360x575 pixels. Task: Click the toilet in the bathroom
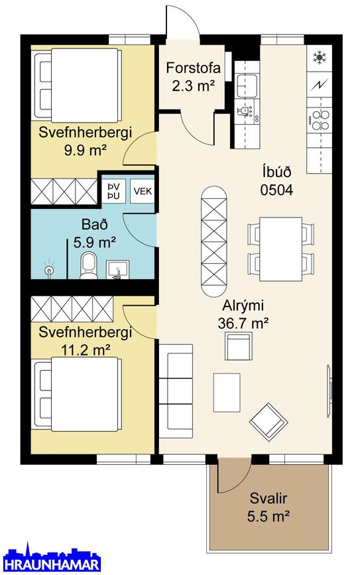click(x=88, y=266)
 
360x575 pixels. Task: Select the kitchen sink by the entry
click(x=248, y=84)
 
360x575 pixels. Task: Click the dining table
click(x=280, y=245)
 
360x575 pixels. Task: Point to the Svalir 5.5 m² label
click(x=269, y=507)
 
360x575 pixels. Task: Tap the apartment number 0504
click(x=276, y=189)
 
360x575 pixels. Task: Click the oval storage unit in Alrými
click(x=213, y=241)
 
